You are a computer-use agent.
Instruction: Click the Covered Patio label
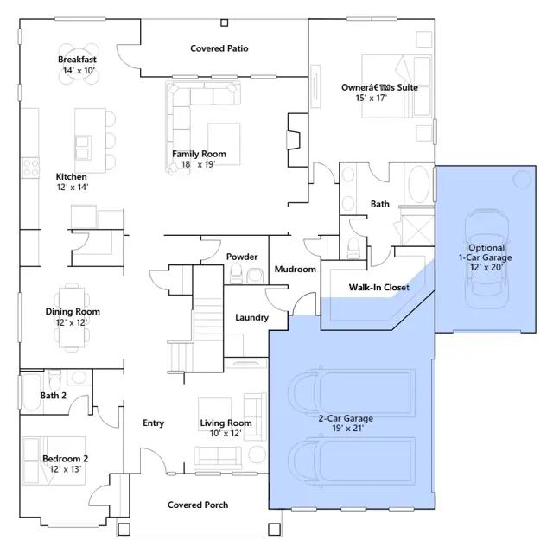[219, 48]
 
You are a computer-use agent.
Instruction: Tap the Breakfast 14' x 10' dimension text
[79, 71]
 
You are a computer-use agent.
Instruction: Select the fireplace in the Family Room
[294, 140]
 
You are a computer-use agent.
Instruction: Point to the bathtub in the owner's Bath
[418, 184]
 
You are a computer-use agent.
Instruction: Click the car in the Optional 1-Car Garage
[486, 258]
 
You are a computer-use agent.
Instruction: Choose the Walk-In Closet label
[379, 288]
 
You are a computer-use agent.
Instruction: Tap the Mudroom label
[296, 269]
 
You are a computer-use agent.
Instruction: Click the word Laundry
[251, 317]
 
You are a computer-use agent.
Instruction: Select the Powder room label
[242, 257]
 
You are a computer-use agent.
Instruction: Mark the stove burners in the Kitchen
[30, 168]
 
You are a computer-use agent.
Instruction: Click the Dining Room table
[72, 317]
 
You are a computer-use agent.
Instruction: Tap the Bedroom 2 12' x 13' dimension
[66, 469]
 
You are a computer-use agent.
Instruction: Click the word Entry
[154, 423]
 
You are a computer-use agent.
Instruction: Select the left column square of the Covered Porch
[124, 530]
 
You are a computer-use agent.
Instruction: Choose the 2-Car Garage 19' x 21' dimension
[347, 429]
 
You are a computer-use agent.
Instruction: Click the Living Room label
[226, 423]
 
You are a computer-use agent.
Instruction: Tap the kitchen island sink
[83, 148]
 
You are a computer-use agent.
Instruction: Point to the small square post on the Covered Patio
[225, 23]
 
